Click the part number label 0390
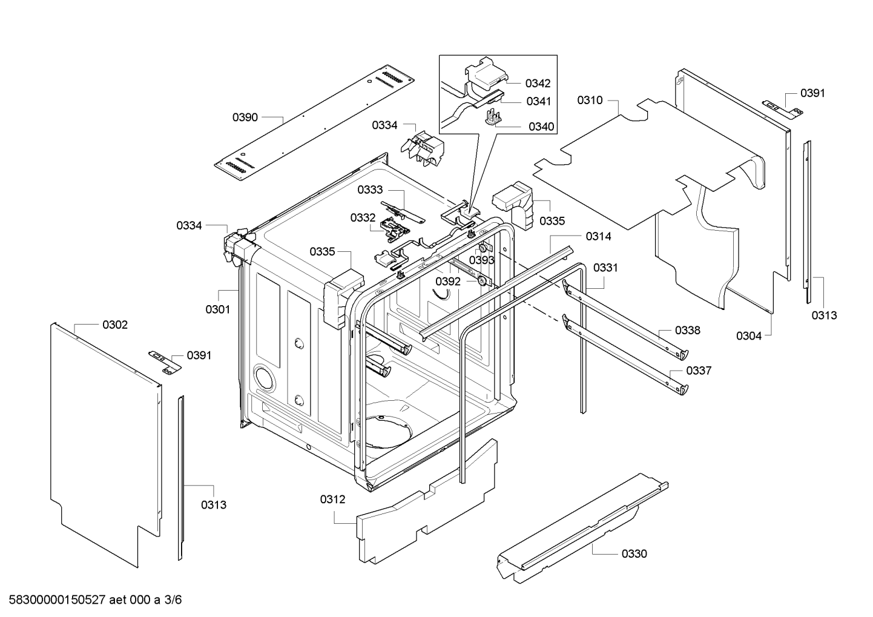[x=245, y=117]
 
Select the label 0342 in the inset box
[x=538, y=83]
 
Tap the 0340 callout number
[x=541, y=127]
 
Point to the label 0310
[x=590, y=100]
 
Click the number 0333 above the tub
[x=370, y=190]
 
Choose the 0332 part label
[x=363, y=217]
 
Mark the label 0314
[x=598, y=236]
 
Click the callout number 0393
[x=482, y=260]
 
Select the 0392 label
[x=448, y=282]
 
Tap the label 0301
[x=218, y=309]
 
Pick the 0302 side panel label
[x=115, y=325]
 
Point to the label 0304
[x=749, y=336]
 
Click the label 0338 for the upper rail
[x=688, y=330]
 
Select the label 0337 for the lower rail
[x=699, y=371]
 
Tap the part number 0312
[x=332, y=499]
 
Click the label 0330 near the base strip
[x=634, y=553]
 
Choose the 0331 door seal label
[x=605, y=267]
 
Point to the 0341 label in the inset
[x=538, y=101]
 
